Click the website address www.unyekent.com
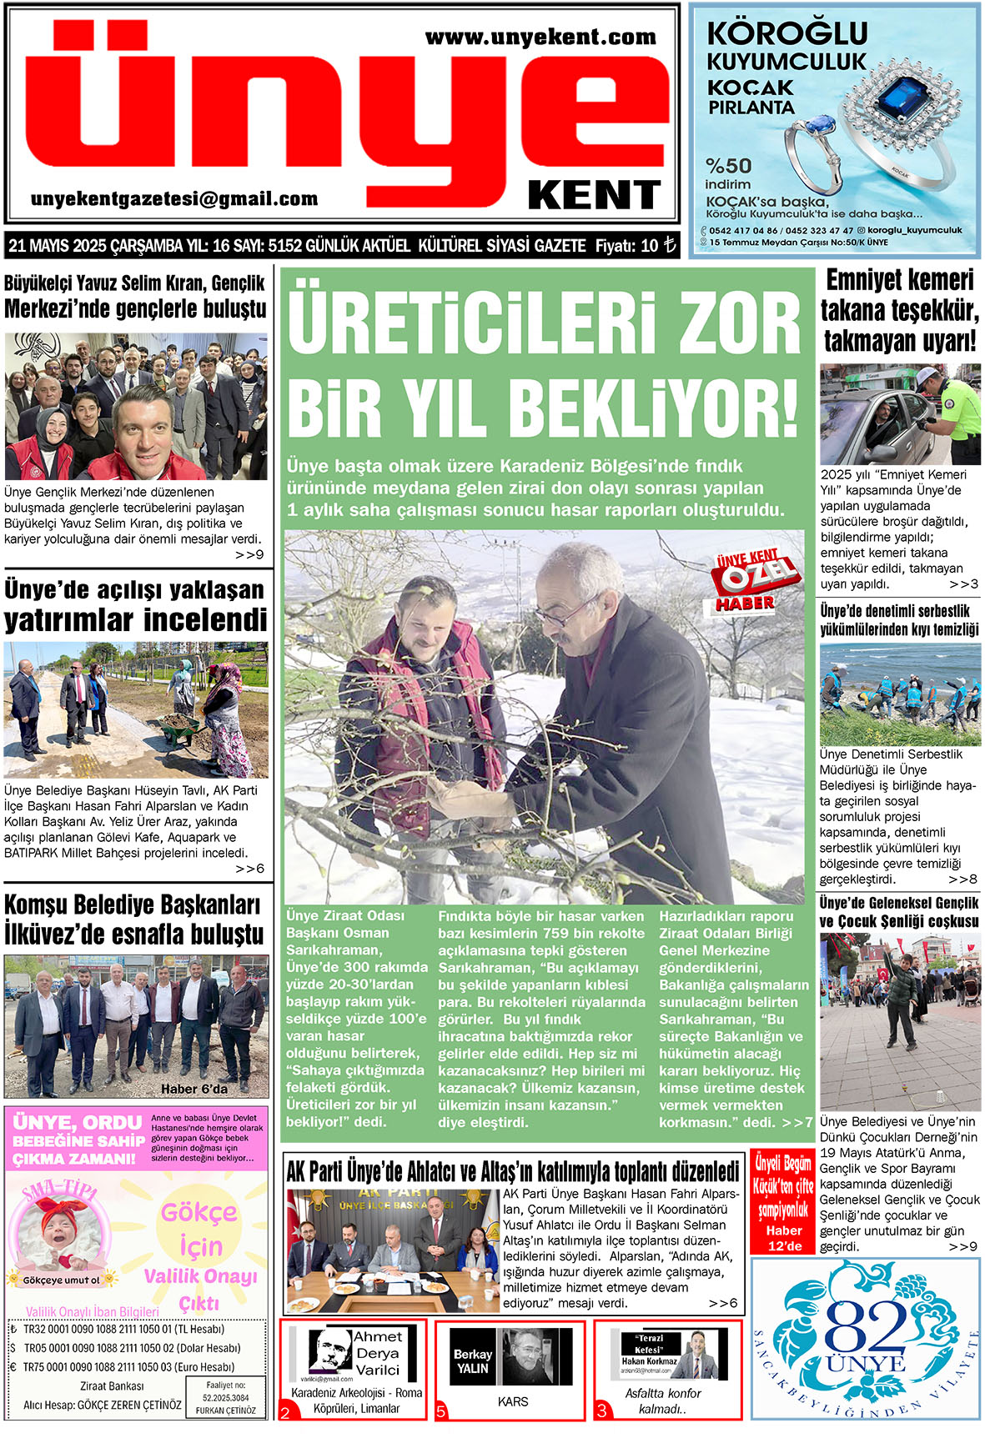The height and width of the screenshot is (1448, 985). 540,38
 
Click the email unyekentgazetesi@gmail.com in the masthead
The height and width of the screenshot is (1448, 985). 174,199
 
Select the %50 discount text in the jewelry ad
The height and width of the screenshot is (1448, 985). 728,166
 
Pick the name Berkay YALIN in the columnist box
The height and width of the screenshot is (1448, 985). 472,1361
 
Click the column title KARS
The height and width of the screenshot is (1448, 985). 512,1402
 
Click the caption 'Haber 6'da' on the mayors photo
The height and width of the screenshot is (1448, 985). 193,1089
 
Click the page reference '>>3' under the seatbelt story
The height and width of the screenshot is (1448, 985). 963,584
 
